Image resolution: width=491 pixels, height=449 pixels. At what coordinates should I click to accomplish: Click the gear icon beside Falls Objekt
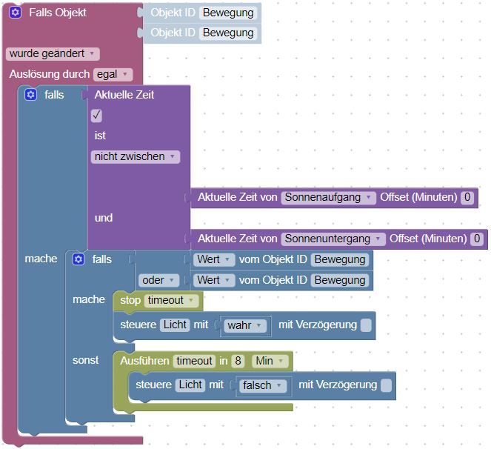click(x=16, y=13)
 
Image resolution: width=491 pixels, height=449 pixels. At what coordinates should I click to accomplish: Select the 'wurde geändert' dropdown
click(x=52, y=53)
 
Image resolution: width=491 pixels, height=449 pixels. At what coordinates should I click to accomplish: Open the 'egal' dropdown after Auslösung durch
click(x=113, y=74)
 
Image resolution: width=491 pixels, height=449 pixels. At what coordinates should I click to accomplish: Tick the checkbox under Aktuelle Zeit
click(x=97, y=116)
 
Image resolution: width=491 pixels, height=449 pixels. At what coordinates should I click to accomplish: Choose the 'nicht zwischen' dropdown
click(x=136, y=156)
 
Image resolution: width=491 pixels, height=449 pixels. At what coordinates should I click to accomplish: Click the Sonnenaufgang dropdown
click(x=329, y=197)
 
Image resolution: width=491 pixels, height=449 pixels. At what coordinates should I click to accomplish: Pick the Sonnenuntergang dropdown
click(x=333, y=239)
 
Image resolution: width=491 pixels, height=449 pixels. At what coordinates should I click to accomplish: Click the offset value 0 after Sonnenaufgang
click(x=467, y=197)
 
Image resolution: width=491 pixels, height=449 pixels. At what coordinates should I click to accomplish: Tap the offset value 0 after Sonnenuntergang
click(x=477, y=239)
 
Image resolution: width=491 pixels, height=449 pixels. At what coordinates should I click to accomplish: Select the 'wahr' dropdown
click(x=245, y=325)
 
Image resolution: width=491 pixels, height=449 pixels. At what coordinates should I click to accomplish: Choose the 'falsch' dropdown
click(x=262, y=385)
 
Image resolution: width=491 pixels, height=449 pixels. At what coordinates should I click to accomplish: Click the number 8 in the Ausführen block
click(x=238, y=361)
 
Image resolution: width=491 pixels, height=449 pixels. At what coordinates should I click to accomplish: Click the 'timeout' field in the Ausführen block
click(x=194, y=361)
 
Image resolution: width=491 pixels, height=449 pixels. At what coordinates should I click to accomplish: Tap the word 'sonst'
click(x=85, y=360)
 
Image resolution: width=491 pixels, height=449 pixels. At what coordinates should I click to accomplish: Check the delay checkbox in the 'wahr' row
click(x=366, y=325)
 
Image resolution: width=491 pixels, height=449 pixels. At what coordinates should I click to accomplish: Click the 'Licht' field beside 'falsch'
click(x=190, y=385)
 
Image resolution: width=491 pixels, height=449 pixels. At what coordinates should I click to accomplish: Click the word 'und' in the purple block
click(x=104, y=218)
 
